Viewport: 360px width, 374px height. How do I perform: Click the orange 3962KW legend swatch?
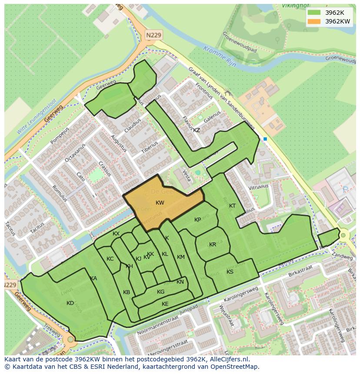click(313, 21)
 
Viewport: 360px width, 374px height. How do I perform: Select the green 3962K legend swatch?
click(313, 13)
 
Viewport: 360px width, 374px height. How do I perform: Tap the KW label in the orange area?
click(160, 203)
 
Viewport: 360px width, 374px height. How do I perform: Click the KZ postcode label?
click(197, 130)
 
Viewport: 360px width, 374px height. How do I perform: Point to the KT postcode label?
click(232, 206)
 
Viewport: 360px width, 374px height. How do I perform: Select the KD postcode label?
click(70, 303)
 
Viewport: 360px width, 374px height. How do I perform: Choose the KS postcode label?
click(230, 272)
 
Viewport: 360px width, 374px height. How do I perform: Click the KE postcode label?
click(165, 304)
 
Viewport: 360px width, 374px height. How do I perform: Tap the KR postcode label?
click(213, 245)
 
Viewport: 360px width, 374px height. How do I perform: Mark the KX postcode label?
click(116, 234)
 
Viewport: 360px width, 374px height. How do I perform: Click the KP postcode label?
click(198, 220)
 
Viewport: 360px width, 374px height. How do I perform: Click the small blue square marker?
click(265, 139)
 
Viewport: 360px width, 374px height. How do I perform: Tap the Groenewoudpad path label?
click(240, 42)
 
